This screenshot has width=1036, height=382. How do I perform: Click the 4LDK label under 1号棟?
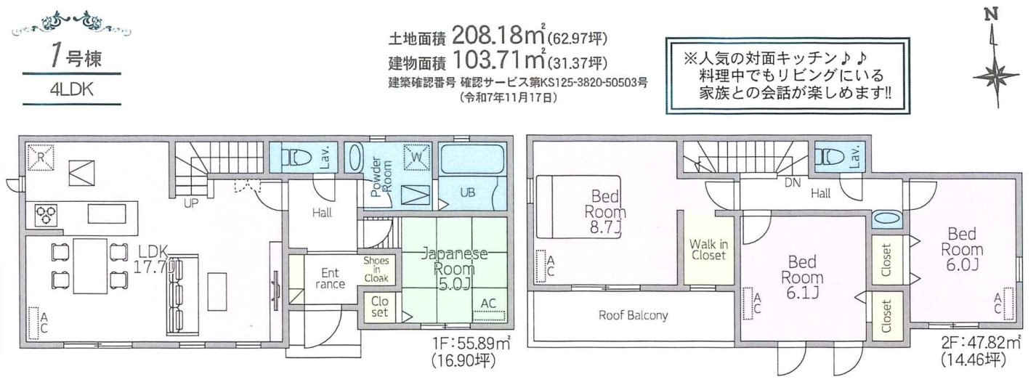[72, 89]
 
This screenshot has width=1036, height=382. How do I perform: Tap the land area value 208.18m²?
[499, 35]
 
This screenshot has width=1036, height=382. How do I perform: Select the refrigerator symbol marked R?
[41, 158]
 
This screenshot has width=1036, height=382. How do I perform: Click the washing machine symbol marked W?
[417, 158]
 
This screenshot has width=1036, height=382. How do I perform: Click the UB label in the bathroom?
[467, 192]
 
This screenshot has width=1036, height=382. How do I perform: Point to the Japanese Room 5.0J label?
[454, 269]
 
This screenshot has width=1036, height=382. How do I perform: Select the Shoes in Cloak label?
[376, 269]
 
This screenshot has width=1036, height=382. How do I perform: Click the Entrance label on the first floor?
[331, 278]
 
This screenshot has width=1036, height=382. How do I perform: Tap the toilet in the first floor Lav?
[295, 158]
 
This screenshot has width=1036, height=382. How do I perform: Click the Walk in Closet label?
[708, 250]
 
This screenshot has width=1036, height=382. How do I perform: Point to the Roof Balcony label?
[634, 315]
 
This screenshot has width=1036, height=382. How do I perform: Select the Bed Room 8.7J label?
[605, 212]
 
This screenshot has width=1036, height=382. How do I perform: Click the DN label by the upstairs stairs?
[793, 183]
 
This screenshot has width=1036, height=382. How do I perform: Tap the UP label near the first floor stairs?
[191, 203]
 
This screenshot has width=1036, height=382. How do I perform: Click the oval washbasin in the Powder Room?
[355, 158]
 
